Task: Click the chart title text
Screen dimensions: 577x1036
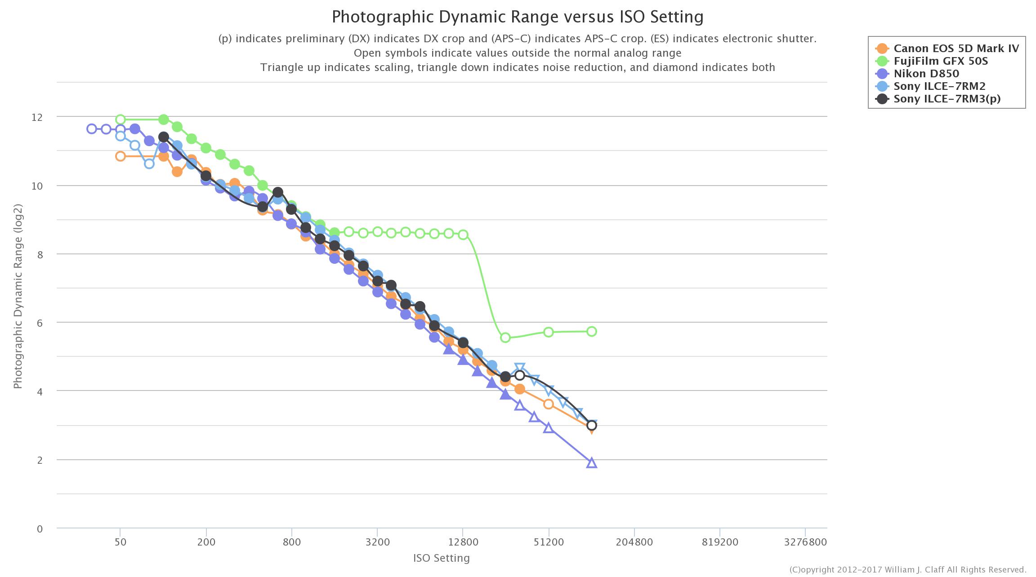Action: [x=518, y=17]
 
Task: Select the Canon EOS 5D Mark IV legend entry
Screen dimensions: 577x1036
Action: [x=956, y=48]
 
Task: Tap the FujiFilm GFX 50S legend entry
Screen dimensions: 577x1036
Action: [x=941, y=61]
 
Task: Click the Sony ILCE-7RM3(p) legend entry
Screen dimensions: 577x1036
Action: [x=947, y=98]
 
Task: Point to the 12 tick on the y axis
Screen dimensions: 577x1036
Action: [x=37, y=117]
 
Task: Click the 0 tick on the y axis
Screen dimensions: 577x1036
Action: [x=40, y=529]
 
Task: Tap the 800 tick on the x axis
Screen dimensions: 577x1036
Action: [x=292, y=542]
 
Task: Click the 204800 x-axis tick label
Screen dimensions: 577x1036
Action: [x=634, y=542]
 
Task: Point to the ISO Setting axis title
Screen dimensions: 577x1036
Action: [x=441, y=558]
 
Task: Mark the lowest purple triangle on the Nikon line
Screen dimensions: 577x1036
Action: [x=592, y=463]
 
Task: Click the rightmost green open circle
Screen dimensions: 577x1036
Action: [x=592, y=331]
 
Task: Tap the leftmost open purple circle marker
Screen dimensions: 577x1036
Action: [x=92, y=129]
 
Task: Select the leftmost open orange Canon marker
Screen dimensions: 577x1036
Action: [x=120, y=156]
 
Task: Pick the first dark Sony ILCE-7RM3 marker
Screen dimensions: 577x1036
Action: [x=164, y=137]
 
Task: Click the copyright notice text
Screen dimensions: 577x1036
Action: [x=908, y=570]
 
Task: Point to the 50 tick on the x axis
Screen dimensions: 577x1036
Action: [x=120, y=542]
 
